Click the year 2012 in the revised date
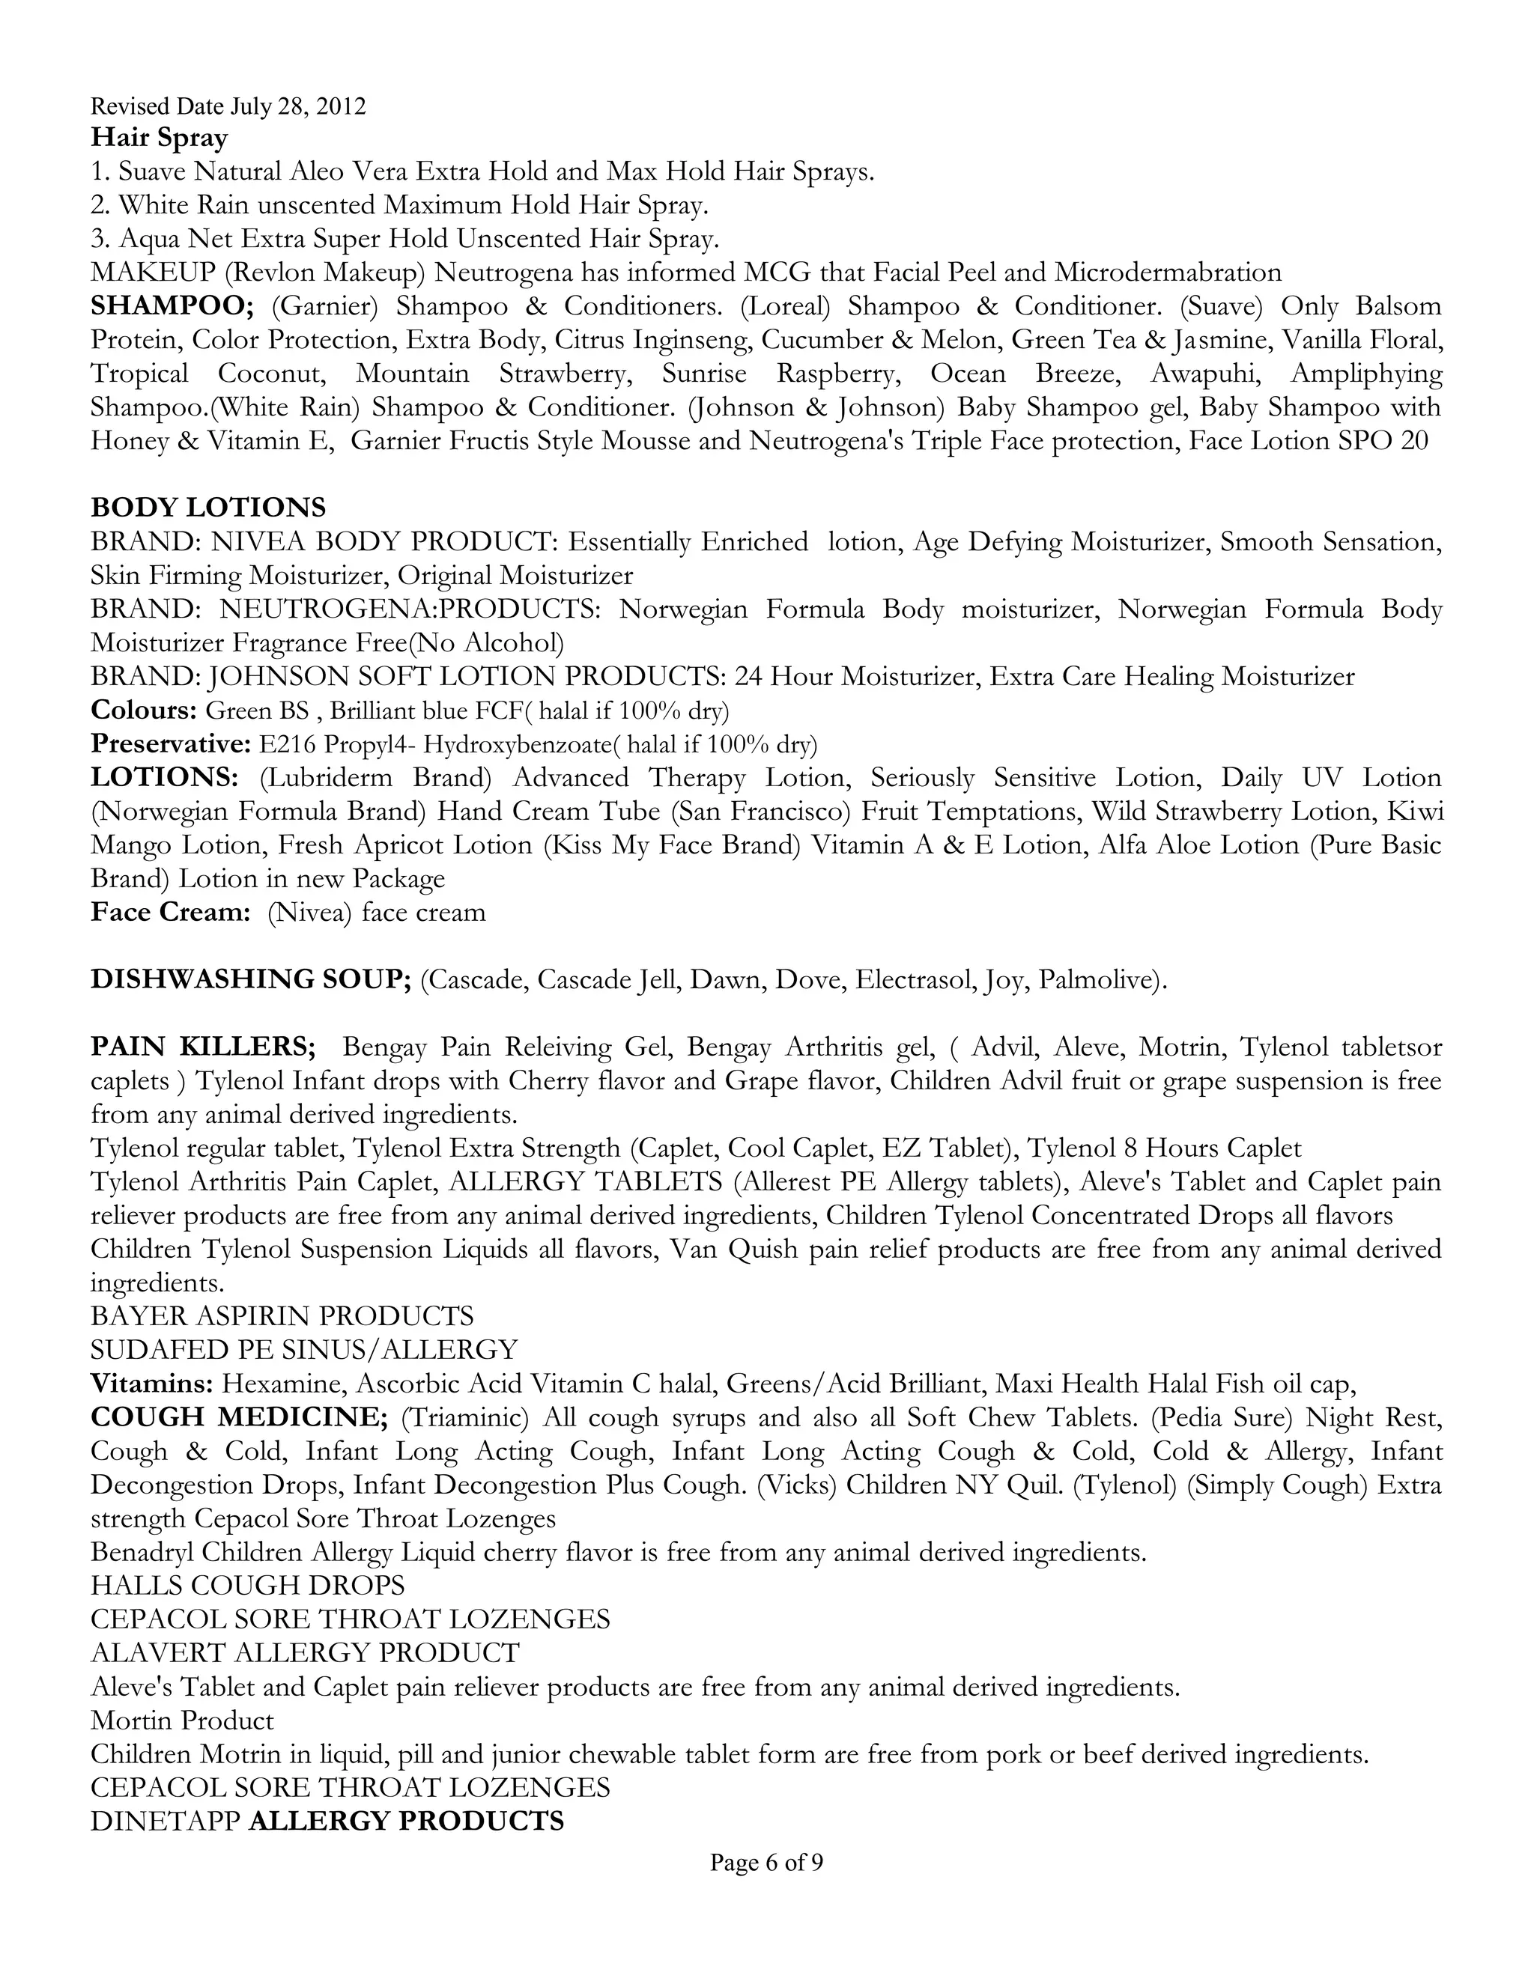pos(342,106)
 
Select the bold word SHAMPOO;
pos(173,305)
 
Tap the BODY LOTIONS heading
pos(208,507)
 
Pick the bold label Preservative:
pos(170,744)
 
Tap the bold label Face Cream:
pos(170,912)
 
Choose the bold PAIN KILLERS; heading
pos(203,1047)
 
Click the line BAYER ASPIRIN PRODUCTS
pos(282,1315)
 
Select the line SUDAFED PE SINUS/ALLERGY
pos(303,1349)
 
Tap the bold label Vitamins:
pos(152,1384)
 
